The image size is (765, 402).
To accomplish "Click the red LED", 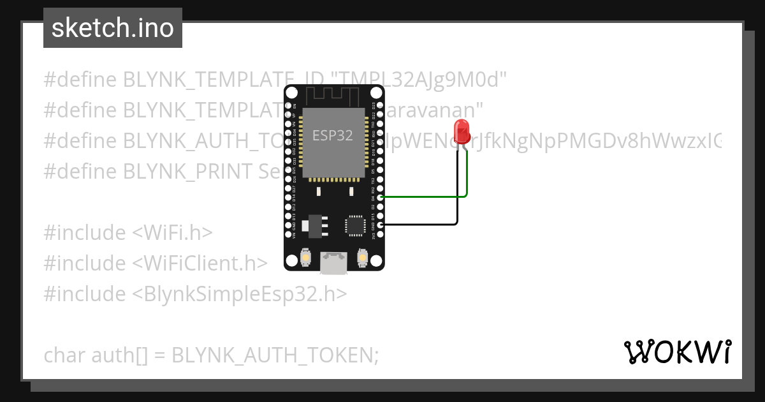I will coord(461,131).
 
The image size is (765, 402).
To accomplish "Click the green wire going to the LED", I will coord(433,197).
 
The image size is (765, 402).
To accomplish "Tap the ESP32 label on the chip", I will coord(332,135).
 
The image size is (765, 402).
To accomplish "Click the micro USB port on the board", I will coord(333,262).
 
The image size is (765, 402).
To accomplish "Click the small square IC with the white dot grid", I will coord(354,226).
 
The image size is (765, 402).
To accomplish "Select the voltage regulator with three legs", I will coord(315,225).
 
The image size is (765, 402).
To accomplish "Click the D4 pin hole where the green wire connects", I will coord(381,198).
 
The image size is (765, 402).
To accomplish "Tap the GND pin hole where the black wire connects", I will coord(381,225).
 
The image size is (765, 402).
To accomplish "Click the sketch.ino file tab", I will coord(113,28).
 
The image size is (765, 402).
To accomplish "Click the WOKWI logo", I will coord(677,352).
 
